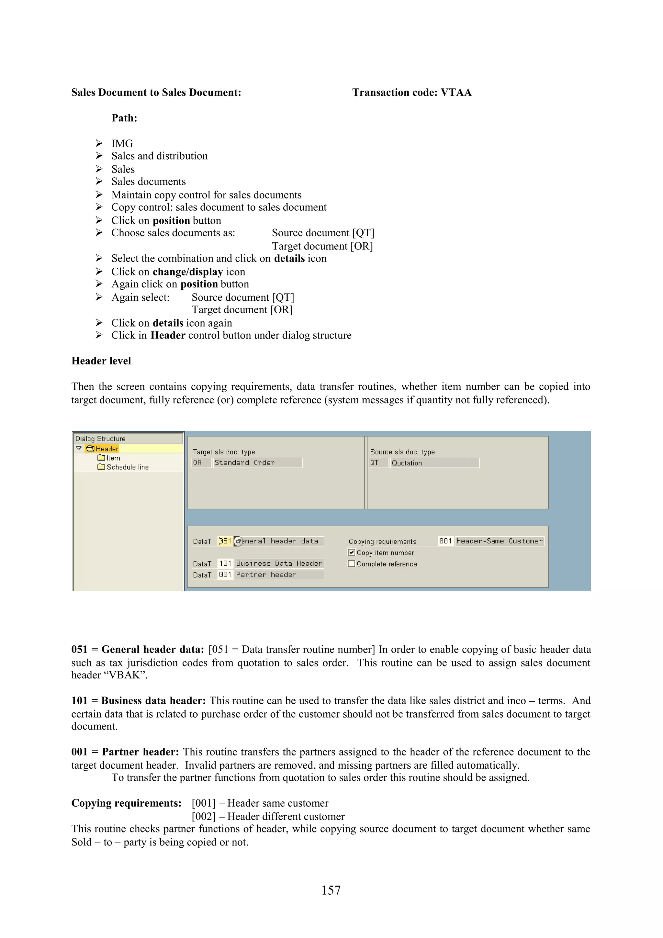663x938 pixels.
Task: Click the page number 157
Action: click(x=331, y=890)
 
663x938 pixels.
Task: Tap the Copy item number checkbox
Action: click(x=351, y=552)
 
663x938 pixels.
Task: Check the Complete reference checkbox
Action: click(x=351, y=564)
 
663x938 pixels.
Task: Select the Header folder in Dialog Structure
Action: click(x=106, y=449)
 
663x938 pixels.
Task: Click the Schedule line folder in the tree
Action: click(x=127, y=467)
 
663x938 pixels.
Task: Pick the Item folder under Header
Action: click(x=113, y=458)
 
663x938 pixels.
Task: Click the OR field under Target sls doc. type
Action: click(x=201, y=463)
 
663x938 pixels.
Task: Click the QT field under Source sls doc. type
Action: click(x=378, y=463)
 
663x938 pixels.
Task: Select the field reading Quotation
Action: click(x=434, y=463)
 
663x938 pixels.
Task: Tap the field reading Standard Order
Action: click(x=257, y=463)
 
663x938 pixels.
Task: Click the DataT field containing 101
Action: click(x=225, y=564)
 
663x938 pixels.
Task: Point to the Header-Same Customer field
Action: click(x=499, y=541)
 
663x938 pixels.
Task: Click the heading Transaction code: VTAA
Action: click(x=412, y=92)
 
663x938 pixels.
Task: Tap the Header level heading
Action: click(x=101, y=361)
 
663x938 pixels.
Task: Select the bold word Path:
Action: click(x=124, y=118)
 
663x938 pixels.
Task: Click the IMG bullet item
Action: click(x=122, y=143)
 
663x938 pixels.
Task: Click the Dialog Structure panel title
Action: click(x=100, y=438)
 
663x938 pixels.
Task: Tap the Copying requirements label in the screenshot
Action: click(x=382, y=541)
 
